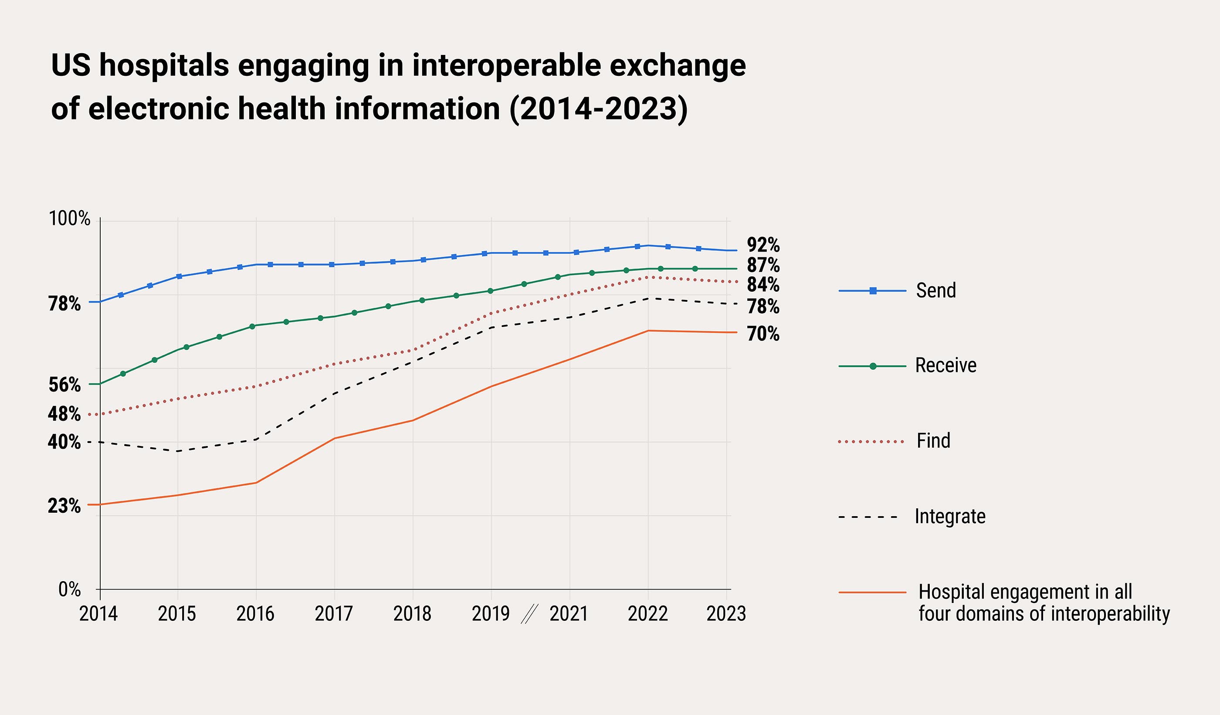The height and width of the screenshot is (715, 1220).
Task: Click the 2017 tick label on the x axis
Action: tap(334, 614)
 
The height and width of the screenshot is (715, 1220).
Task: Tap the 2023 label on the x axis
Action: tap(726, 614)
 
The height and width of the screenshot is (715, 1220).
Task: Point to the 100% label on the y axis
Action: tap(69, 219)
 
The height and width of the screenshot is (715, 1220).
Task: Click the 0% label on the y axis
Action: tap(69, 589)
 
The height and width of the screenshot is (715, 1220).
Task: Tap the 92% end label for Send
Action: tap(763, 245)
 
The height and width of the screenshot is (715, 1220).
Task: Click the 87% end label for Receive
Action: tap(763, 265)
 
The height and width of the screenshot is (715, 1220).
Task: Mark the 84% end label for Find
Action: tap(763, 284)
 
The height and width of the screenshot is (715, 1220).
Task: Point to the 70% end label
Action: tap(763, 334)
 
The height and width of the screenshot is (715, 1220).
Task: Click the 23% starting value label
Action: tap(64, 506)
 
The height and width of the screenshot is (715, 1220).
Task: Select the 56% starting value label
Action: tap(64, 385)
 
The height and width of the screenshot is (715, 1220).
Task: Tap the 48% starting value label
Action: tap(64, 414)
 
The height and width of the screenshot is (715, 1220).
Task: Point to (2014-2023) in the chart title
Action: tap(598, 108)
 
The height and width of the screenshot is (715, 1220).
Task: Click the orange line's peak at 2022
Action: tap(648, 330)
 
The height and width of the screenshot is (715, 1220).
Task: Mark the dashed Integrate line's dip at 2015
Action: tap(178, 451)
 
